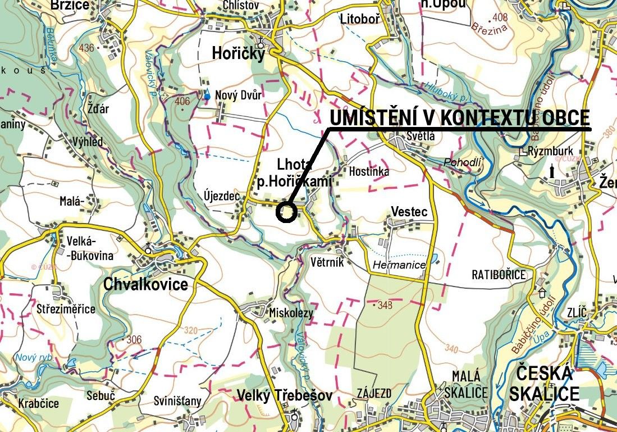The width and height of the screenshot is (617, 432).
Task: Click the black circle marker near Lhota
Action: pyautogui.click(x=286, y=212)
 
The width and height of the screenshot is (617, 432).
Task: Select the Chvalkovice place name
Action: pyautogui.click(x=145, y=284)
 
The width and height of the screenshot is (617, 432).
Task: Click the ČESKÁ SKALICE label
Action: pyautogui.click(x=544, y=383)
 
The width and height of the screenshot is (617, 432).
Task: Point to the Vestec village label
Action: pyautogui.click(x=409, y=212)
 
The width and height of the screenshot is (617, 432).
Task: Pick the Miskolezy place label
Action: pyautogui.click(x=291, y=313)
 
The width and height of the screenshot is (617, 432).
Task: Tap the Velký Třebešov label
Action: pyautogui.click(x=284, y=395)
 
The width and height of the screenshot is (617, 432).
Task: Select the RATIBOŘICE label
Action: pyautogui.click(x=499, y=275)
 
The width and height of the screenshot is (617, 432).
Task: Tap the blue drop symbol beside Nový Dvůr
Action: pyautogui.click(x=207, y=95)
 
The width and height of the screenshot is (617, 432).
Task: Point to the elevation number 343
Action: pyautogui.click(x=385, y=305)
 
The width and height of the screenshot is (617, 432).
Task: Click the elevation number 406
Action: pyautogui.click(x=182, y=102)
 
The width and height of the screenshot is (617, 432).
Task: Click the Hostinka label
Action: pyautogui.click(x=369, y=172)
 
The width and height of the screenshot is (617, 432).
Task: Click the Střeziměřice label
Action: pyautogui.click(x=66, y=309)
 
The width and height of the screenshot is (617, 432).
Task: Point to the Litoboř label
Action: pyautogui.click(x=360, y=19)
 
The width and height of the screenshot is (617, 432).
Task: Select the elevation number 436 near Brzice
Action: pyautogui.click(x=86, y=48)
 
